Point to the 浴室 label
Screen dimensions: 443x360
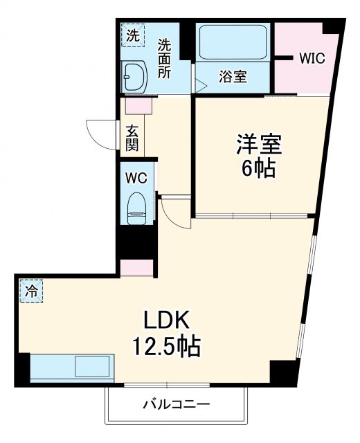pyautogui.click(x=233, y=78)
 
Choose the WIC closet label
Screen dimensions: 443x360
pyautogui.click(x=312, y=58)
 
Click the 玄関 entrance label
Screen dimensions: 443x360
pyautogui.click(x=132, y=137)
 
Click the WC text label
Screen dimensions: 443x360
pyautogui.click(x=136, y=177)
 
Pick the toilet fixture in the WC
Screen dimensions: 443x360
pyautogui.click(x=137, y=206)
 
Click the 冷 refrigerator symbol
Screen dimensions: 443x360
pyautogui.click(x=30, y=291)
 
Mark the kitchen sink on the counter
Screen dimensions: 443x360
pyautogui.click(x=93, y=367)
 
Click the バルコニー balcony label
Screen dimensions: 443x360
pyautogui.click(x=177, y=404)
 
